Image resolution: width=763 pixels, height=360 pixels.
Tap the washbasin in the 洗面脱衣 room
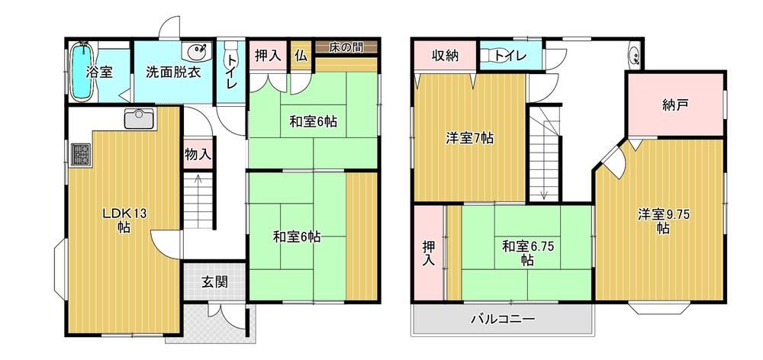click(x=198, y=50)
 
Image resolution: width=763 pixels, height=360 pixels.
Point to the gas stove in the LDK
click(x=79, y=155)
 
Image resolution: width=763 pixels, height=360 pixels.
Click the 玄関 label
click(x=214, y=281)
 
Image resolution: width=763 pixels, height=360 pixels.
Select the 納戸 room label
click(x=675, y=105)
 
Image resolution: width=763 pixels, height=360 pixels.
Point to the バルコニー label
click(x=503, y=320)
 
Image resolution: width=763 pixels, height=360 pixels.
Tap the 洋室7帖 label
click(x=470, y=139)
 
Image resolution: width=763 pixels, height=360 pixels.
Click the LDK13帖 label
click(x=124, y=220)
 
